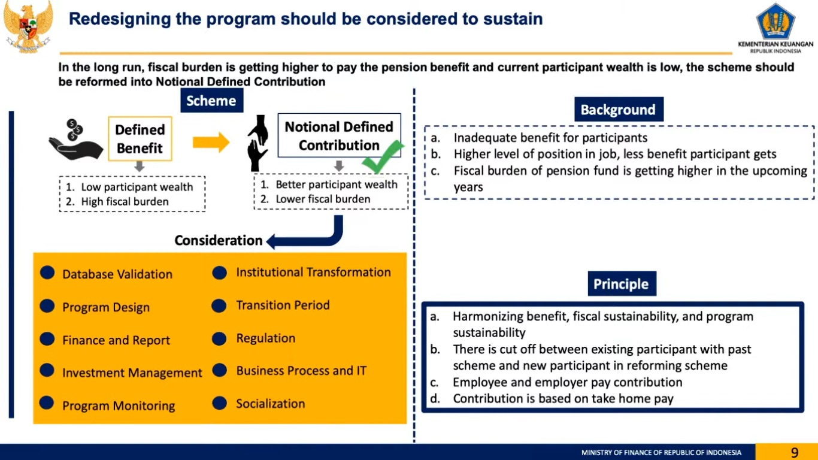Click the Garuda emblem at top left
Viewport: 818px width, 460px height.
point(28,26)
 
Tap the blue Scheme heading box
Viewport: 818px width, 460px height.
point(212,101)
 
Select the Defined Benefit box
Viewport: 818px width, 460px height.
point(140,139)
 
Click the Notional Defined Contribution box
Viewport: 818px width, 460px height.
point(339,135)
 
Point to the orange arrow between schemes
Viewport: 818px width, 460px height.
point(211,142)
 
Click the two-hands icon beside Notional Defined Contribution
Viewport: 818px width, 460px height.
point(258,143)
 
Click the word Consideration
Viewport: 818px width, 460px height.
point(219,240)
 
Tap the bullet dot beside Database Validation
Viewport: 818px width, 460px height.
point(47,273)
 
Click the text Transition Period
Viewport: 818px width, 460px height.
point(283,305)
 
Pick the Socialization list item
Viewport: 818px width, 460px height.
point(270,404)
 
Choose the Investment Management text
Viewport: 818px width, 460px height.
point(132,373)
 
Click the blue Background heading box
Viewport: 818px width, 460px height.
point(619,109)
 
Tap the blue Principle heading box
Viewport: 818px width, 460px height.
point(622,283)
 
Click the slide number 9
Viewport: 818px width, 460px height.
point(795,452)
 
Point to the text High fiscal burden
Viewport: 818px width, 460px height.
point(125,202)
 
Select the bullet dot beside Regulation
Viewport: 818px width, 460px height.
point(219,338)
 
